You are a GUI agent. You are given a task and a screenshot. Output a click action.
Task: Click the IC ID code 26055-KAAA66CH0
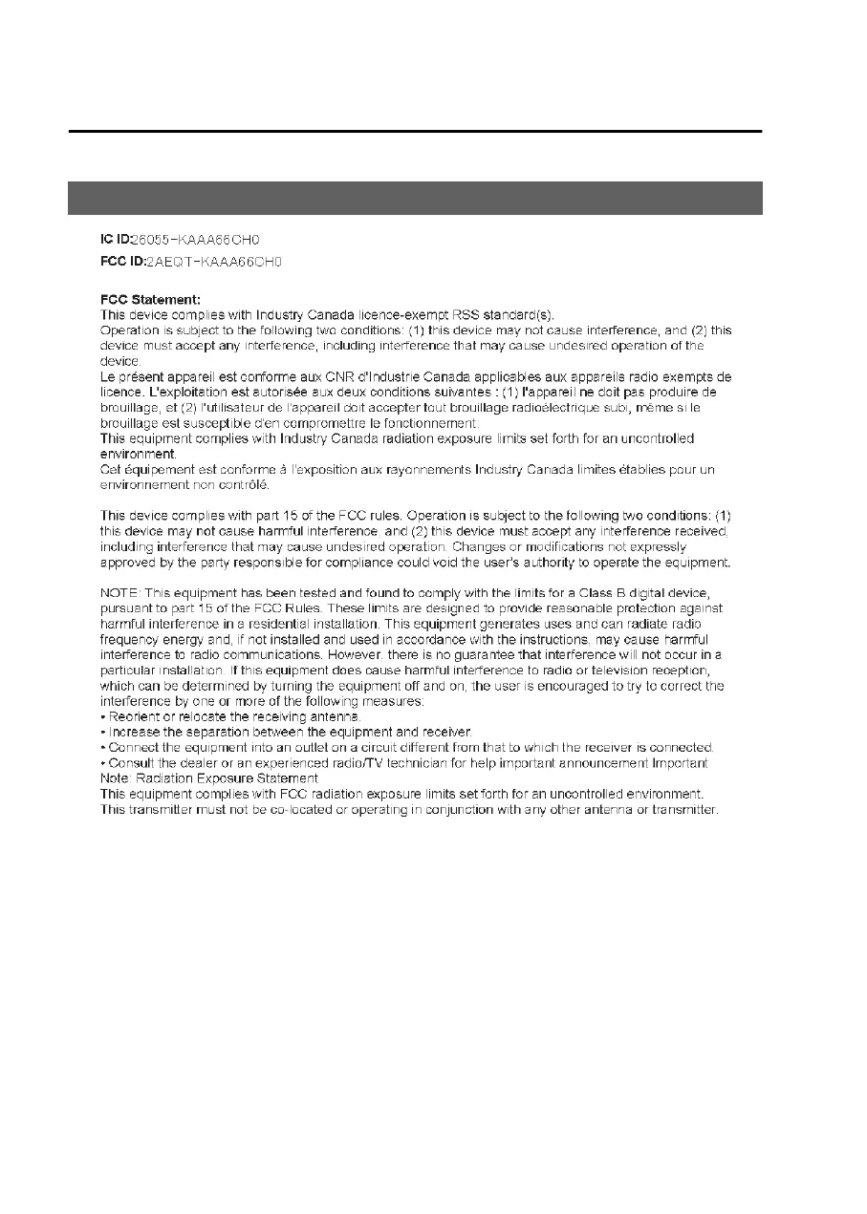click(188, 240)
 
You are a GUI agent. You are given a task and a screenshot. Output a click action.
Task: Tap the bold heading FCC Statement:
click(150, 299)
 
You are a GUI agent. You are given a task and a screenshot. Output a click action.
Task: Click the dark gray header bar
click(415, 198)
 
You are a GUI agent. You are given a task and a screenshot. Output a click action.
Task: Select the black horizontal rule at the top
click(415, 132)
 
